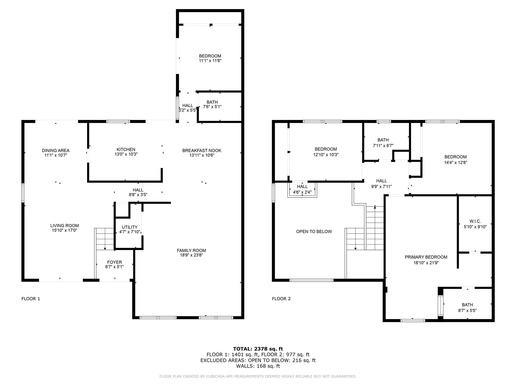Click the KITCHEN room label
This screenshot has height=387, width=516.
tap(126, 150)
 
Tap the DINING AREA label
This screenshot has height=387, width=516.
tap(56, 151)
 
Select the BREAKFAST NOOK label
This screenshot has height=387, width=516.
tap(202, 151)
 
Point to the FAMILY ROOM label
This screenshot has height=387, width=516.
tap(191, 250)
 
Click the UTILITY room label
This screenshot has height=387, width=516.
tap(130, 227)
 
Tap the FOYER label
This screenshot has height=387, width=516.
tap(115, 262)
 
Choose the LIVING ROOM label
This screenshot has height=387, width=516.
tap(64, 226)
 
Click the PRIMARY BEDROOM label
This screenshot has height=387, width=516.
tap(426, 257)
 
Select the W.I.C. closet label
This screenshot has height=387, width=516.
tap(475, 221)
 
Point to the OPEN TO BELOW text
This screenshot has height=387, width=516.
tap(314, 232)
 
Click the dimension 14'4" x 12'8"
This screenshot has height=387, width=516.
tap(456, 163)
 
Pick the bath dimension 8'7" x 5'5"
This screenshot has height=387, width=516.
tap(467, 311)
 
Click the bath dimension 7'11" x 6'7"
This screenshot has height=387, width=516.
tap(383, 146)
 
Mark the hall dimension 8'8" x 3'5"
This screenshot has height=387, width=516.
tap(138, 195)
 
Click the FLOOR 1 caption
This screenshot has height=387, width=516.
tap(31, 299)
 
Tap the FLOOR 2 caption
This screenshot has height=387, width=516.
tap(281, 299)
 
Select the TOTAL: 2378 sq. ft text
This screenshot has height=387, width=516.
tap(258, 349)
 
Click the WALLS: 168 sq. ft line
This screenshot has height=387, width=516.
tap(258, 366)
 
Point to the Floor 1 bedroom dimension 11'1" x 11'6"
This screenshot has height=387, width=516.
tap(210, 61)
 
